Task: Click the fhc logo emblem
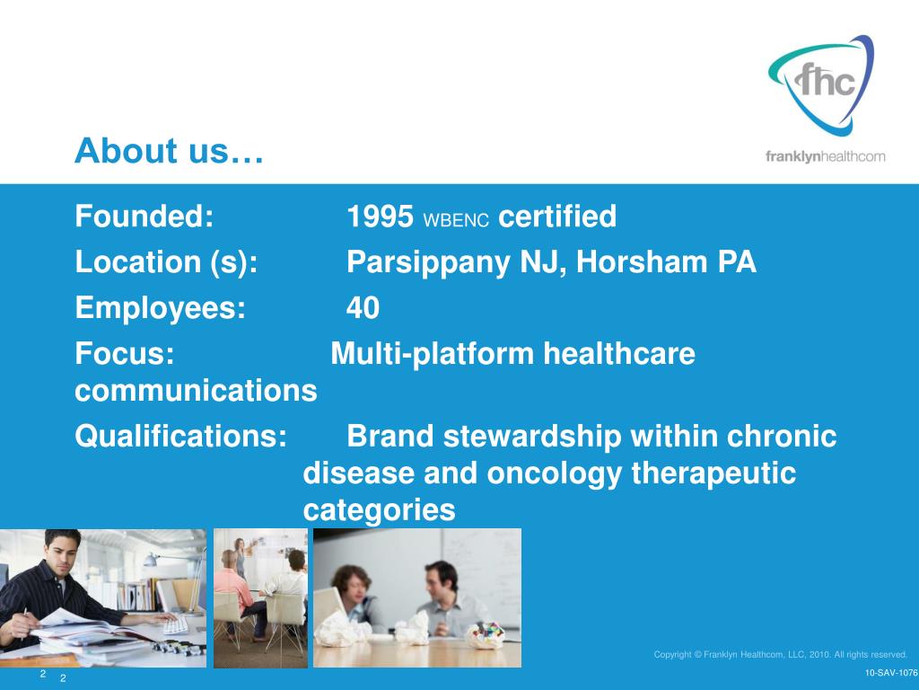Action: click(820, 85)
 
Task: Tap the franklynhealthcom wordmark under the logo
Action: click(826, 156)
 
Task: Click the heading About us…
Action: click(169, 151)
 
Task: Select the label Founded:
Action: click(144, 216)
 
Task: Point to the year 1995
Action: click(380, 217)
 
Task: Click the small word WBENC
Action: click(455, 221)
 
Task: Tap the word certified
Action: click(556, 216)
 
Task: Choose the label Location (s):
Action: click(166, 262)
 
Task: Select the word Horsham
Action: click(642, 261)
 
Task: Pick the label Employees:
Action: click(160, 308)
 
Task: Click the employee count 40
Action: click(363, 308)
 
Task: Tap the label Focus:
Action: click(124, 354)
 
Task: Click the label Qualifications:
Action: click(180, 437)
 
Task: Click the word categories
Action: click(379, 510)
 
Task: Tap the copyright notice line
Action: click(780, 654)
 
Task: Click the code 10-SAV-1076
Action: click(891, 673)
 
